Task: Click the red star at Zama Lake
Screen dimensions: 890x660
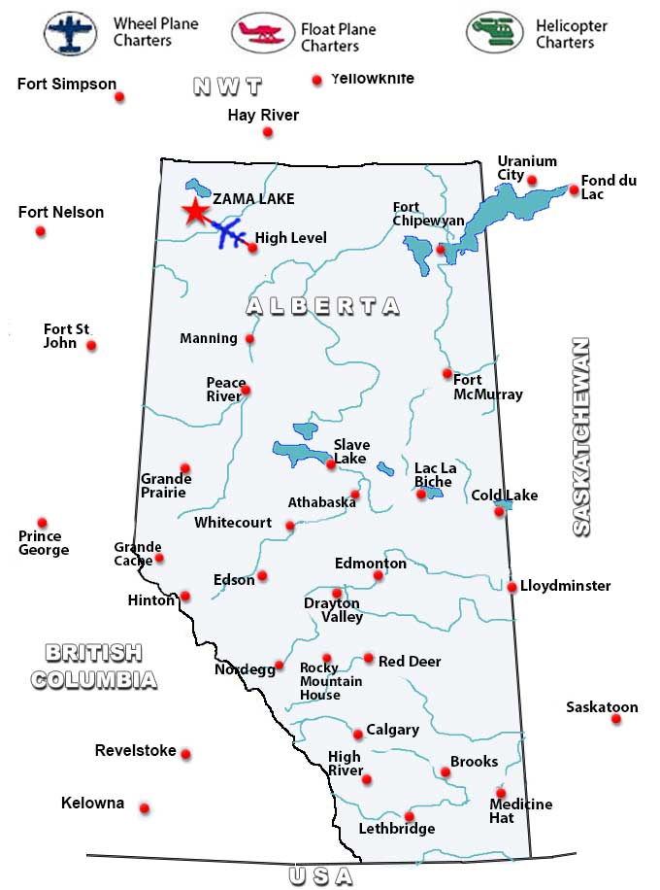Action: [x=195, y=212]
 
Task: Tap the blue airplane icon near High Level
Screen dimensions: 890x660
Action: [x=227, y=233]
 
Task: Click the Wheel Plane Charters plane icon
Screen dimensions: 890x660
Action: [x=70, y=32]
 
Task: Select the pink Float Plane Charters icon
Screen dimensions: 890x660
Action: [x=262, y=33]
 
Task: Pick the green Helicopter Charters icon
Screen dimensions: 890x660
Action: [x=494, y=32]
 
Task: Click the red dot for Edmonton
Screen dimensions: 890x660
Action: [x=379, y=576]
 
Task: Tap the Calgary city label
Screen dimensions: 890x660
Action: [x=393, y=730]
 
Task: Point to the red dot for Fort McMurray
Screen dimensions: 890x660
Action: [x=447, y=374]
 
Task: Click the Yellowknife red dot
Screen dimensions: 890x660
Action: [x=316, y=81]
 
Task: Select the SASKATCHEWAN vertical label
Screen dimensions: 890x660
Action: [x=580, y=437]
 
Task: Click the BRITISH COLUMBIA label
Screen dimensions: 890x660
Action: [x=93, y=666]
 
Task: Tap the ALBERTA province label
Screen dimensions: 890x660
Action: [x=322, y=306]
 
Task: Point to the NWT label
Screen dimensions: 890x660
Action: [x=228, y=86]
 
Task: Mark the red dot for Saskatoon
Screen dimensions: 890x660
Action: [x=616, y=720]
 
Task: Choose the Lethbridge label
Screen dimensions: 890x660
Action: [x=396, y=829]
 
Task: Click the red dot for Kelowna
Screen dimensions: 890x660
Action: [x=145, y=808]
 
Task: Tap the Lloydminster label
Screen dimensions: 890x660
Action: [x=566, y=586]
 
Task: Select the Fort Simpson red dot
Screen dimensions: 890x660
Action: [x=120, y=97]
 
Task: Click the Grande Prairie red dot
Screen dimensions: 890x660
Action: [x=185, y=468]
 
